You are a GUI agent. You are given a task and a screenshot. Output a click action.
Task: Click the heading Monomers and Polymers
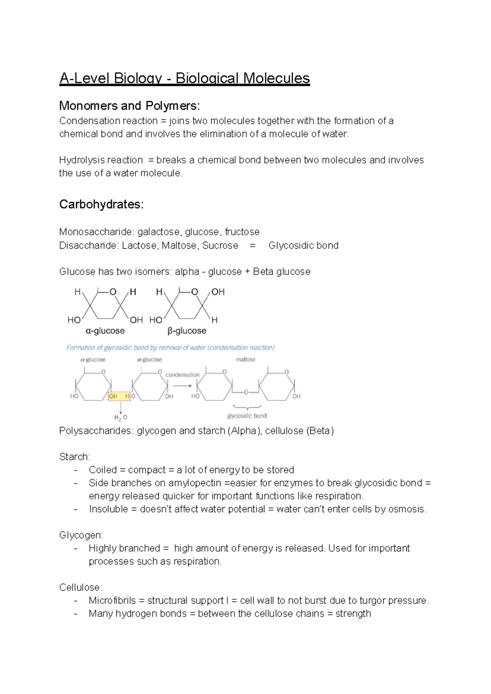[129, 106]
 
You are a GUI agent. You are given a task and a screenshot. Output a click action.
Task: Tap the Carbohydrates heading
[101, 204]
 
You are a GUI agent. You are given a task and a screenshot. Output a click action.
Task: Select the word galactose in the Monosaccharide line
[158, 232]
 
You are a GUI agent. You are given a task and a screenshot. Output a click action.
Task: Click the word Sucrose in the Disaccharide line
[220, 245]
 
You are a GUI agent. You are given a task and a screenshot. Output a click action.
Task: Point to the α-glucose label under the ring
[105, 331]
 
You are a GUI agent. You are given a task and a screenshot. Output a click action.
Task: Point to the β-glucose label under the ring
[187, 331]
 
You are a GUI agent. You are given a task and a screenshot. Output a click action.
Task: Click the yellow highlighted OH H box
[119, 396]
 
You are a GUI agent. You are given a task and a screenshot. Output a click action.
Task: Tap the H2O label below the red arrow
[120, 417]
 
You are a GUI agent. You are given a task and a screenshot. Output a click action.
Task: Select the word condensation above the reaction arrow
[182, 374]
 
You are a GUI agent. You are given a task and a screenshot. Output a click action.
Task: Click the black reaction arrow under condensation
[182, 386]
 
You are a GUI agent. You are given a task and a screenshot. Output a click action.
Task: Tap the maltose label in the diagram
[245, 359]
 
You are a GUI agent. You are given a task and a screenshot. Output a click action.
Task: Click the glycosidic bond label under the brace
[247, 416]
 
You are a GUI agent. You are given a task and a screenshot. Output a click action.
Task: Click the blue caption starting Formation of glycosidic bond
[171, 348]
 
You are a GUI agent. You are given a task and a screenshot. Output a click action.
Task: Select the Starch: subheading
[74, 457]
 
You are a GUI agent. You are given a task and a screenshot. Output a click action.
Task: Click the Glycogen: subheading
[81, 535]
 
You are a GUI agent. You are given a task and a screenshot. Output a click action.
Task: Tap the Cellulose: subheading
[81, 587]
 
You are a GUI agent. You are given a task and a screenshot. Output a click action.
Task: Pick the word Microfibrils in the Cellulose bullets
[112, 601]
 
